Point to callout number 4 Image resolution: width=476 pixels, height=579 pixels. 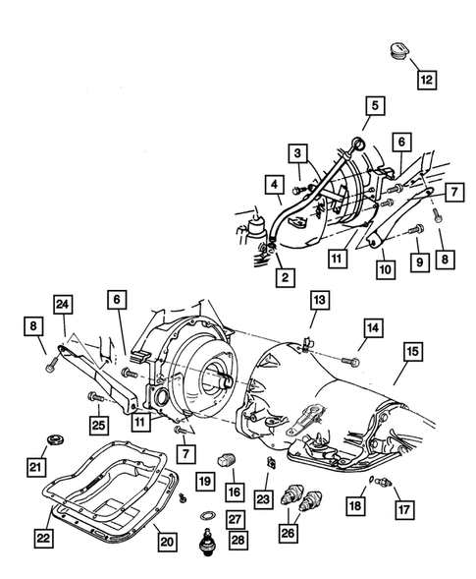pyautogui.click(x=273, y=183)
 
